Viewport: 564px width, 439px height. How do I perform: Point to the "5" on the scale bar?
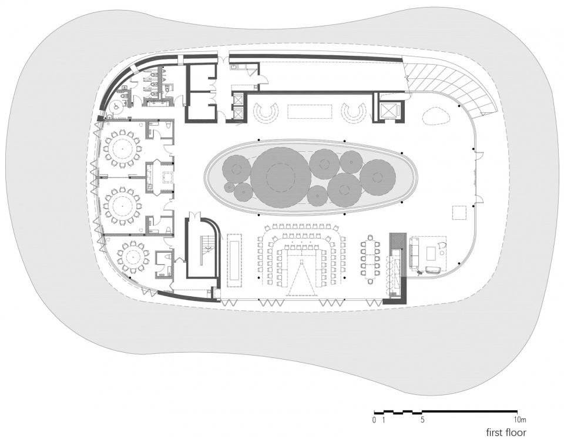[422, 420]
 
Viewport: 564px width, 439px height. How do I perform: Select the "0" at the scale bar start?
[374, 420]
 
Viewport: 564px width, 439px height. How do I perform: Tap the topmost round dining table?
[122, 148]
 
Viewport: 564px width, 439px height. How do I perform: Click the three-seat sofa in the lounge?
[414, 253]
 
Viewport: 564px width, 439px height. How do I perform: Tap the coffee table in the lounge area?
[431, 253]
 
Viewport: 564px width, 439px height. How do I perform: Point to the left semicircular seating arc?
[265, 112]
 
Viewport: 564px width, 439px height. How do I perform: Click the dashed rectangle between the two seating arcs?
[310, 111]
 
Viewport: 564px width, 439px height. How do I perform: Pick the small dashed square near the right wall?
[461, 212]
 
